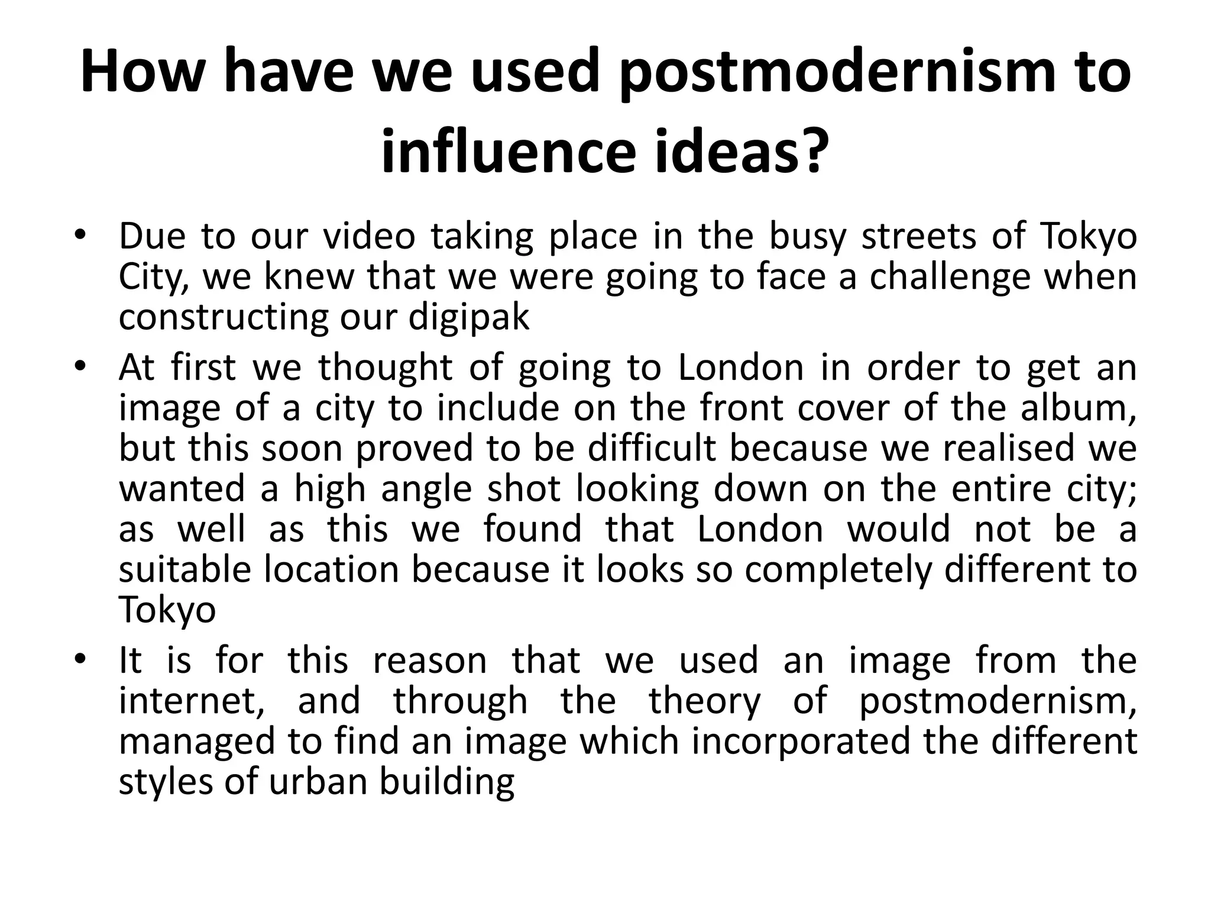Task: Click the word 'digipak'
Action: [468, 318]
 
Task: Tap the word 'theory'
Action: [704, 701]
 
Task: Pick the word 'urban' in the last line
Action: [319, 781]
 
